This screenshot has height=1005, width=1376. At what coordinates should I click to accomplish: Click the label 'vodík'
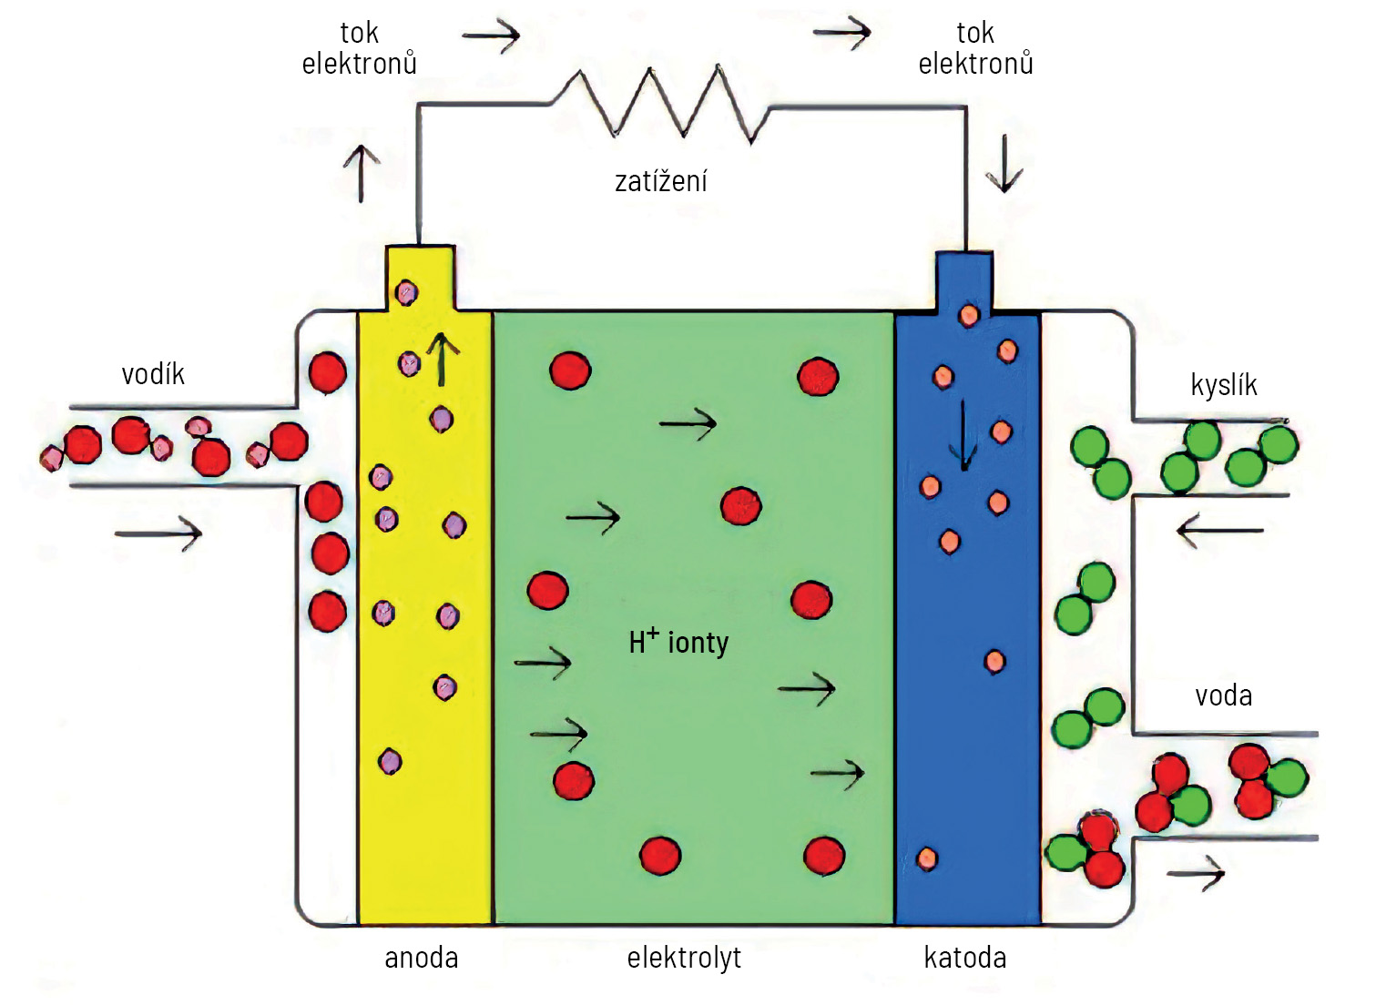pos(153,374)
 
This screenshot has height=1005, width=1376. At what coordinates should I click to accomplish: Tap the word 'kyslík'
pos(1224,386)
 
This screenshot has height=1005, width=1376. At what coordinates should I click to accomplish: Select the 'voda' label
pos(1223,696)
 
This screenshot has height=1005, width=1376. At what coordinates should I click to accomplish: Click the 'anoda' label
pos(422,958)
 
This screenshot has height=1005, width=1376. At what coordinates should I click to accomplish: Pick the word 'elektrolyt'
pos(684,958)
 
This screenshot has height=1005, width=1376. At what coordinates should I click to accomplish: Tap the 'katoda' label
pos(965,958)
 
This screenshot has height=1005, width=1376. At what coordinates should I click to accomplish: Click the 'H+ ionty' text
pos(678,642)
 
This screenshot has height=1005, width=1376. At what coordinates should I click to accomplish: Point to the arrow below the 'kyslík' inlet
pos(1220,531)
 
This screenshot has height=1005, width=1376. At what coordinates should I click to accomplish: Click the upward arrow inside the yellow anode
pos(441,360)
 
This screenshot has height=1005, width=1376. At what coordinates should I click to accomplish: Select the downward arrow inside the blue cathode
pos(963,436)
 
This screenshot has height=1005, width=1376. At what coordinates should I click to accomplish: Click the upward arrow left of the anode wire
pos(362,174)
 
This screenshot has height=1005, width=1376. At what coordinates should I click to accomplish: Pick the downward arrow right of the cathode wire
pos(1004,164)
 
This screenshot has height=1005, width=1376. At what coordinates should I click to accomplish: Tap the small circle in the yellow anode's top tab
pos(406,293)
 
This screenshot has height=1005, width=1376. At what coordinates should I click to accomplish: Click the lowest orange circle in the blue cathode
pos(927,858)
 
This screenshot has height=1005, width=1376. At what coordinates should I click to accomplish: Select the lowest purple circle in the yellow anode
pos(390,762)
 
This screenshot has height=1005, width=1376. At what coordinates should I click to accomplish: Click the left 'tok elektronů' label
pos(360,48)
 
